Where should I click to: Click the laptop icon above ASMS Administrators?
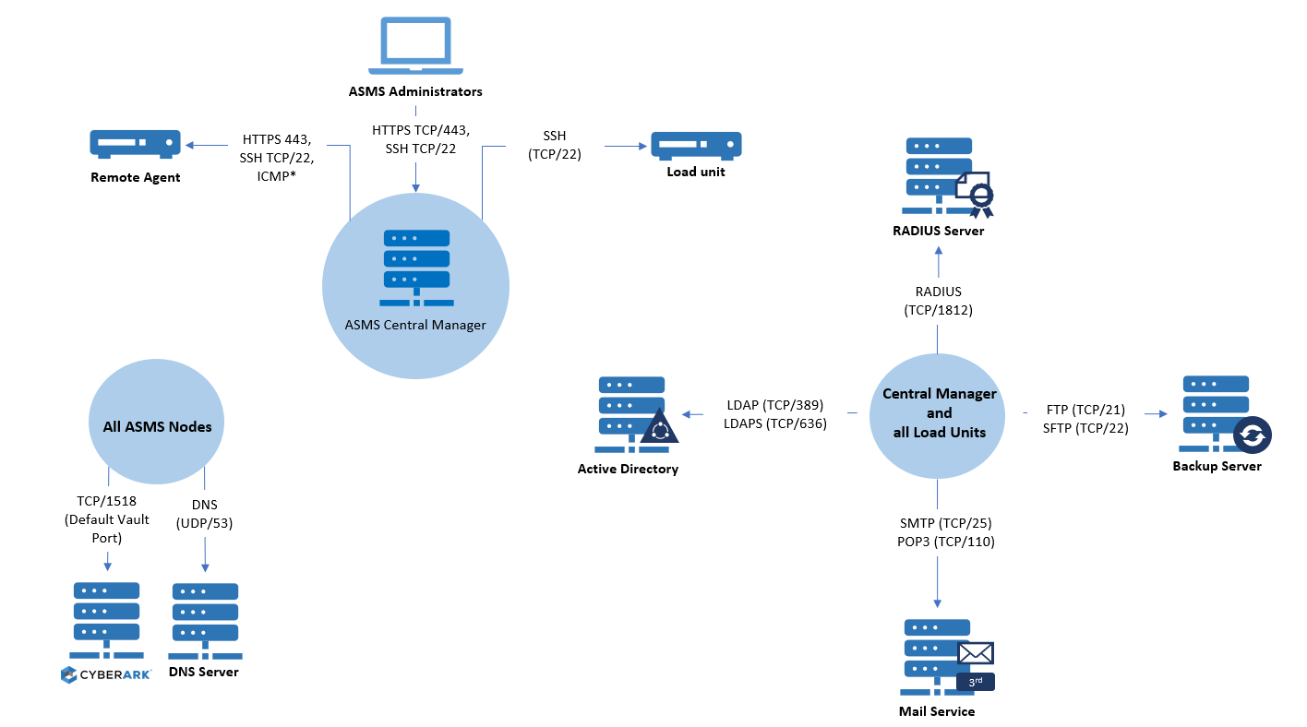click(416, 45)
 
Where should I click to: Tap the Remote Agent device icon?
click(134, 144)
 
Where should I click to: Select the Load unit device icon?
click(696, 145)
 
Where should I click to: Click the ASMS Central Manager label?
click(415, 325)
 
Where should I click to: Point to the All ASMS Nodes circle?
click(157, 426)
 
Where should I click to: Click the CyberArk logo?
click(106, 674)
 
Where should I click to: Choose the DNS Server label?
click(204, 672)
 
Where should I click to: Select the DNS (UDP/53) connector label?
click(204, 514)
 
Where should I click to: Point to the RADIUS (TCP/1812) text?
click(938, 302)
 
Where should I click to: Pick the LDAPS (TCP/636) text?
click(775, 423)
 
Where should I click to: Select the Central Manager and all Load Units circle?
click(939, 413)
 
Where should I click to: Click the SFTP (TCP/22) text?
click(1085, 427)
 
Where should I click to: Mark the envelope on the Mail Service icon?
click(976, 653)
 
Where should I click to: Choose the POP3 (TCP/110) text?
click(938, 542)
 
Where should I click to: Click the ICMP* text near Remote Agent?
click(277, 175)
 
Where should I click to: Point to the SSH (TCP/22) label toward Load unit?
click(554, 146)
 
